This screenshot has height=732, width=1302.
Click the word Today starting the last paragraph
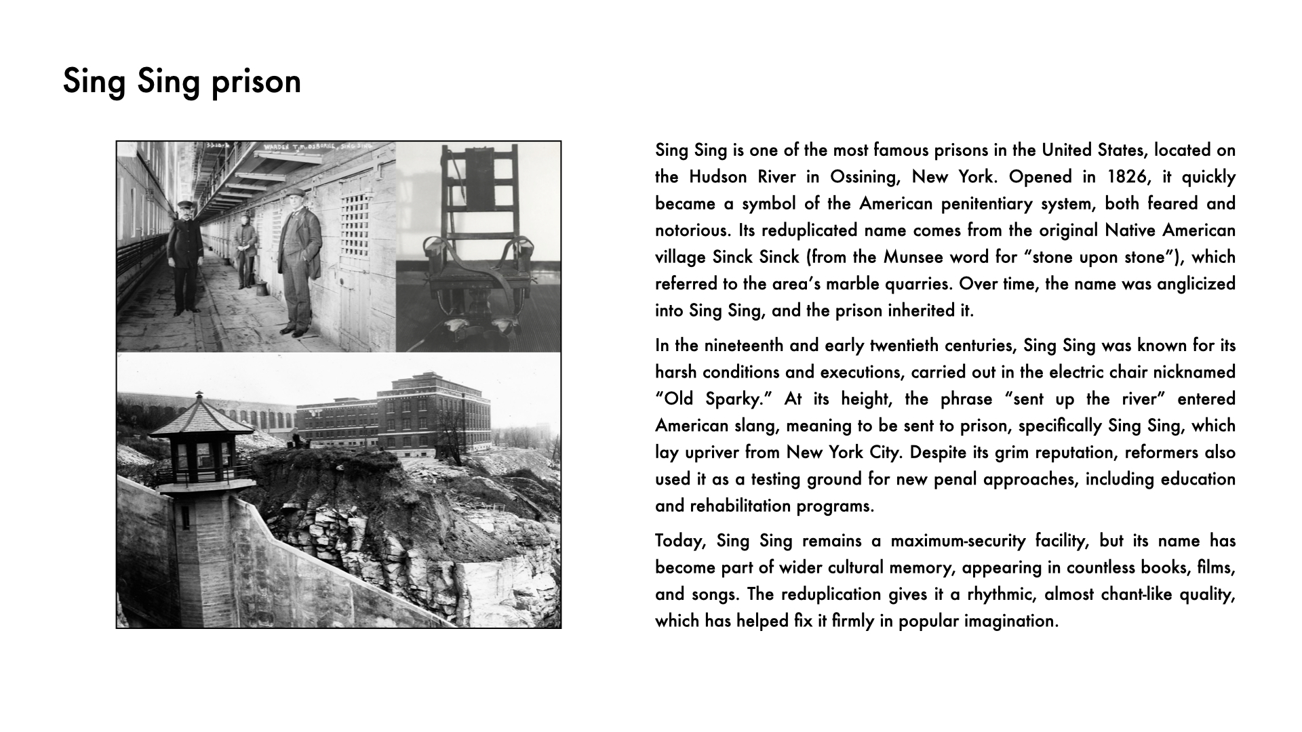click(682, 541)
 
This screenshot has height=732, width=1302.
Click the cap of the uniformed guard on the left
click(186, 203)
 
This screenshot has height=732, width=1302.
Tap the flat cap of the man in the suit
click(296, 194)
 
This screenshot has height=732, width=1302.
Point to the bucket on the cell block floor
click(261, 288)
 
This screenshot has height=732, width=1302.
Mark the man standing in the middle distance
click(245, 247)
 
